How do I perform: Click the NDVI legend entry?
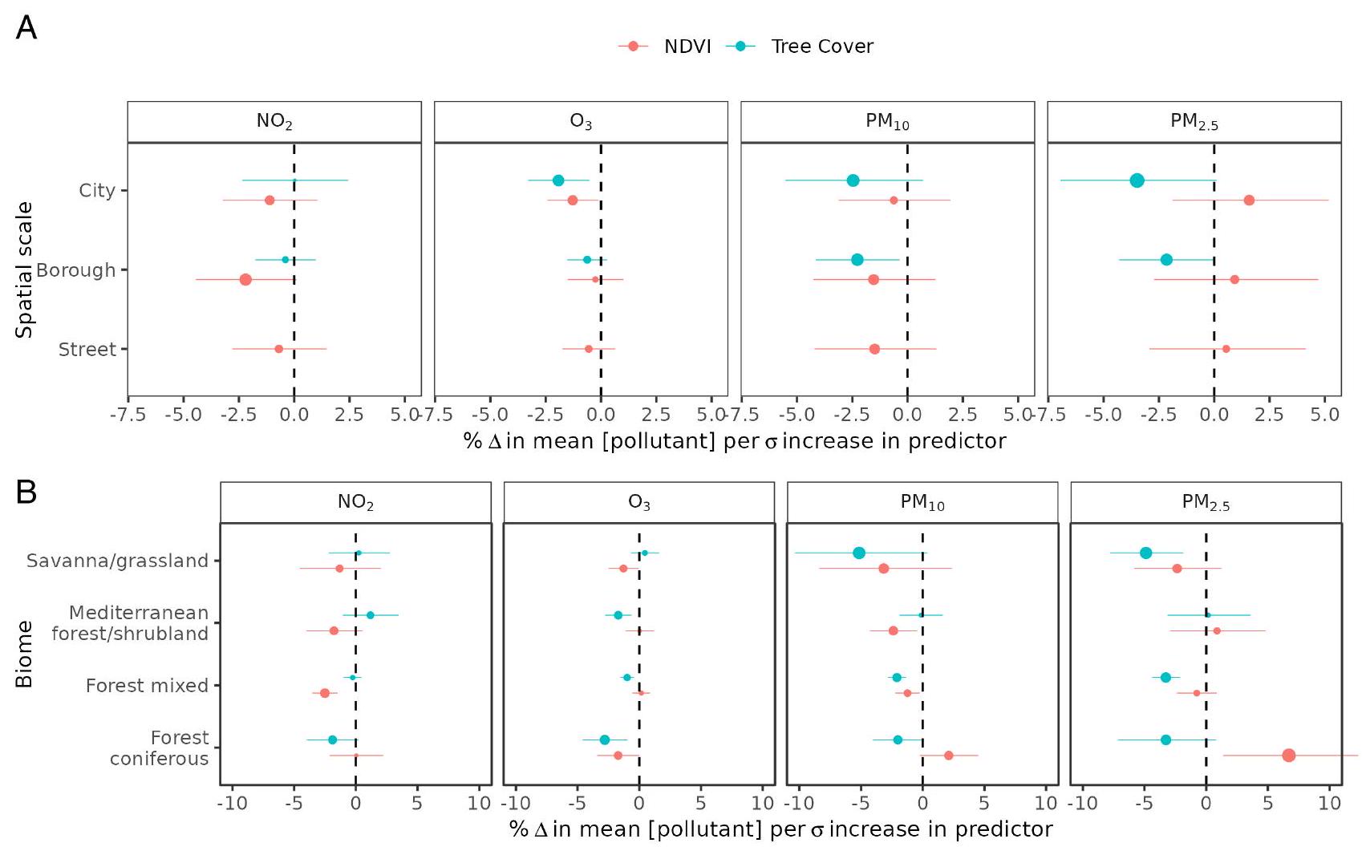666,47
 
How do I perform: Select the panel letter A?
26,28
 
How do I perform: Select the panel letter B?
26,492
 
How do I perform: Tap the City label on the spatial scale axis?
97,190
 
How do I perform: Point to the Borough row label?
76,269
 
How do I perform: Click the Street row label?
87,349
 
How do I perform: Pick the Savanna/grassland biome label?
117,561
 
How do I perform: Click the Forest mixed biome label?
147,686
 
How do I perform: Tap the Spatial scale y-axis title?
25,269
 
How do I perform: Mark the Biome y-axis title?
25,654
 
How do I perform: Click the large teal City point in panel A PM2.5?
1137,180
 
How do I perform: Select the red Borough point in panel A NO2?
245,280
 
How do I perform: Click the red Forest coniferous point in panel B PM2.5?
1289,756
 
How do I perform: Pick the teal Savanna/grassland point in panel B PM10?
859,553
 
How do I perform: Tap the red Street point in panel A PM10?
874,349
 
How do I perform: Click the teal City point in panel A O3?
558,180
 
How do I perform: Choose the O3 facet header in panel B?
639,503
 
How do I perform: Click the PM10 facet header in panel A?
887,122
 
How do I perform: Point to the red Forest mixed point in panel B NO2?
325,693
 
